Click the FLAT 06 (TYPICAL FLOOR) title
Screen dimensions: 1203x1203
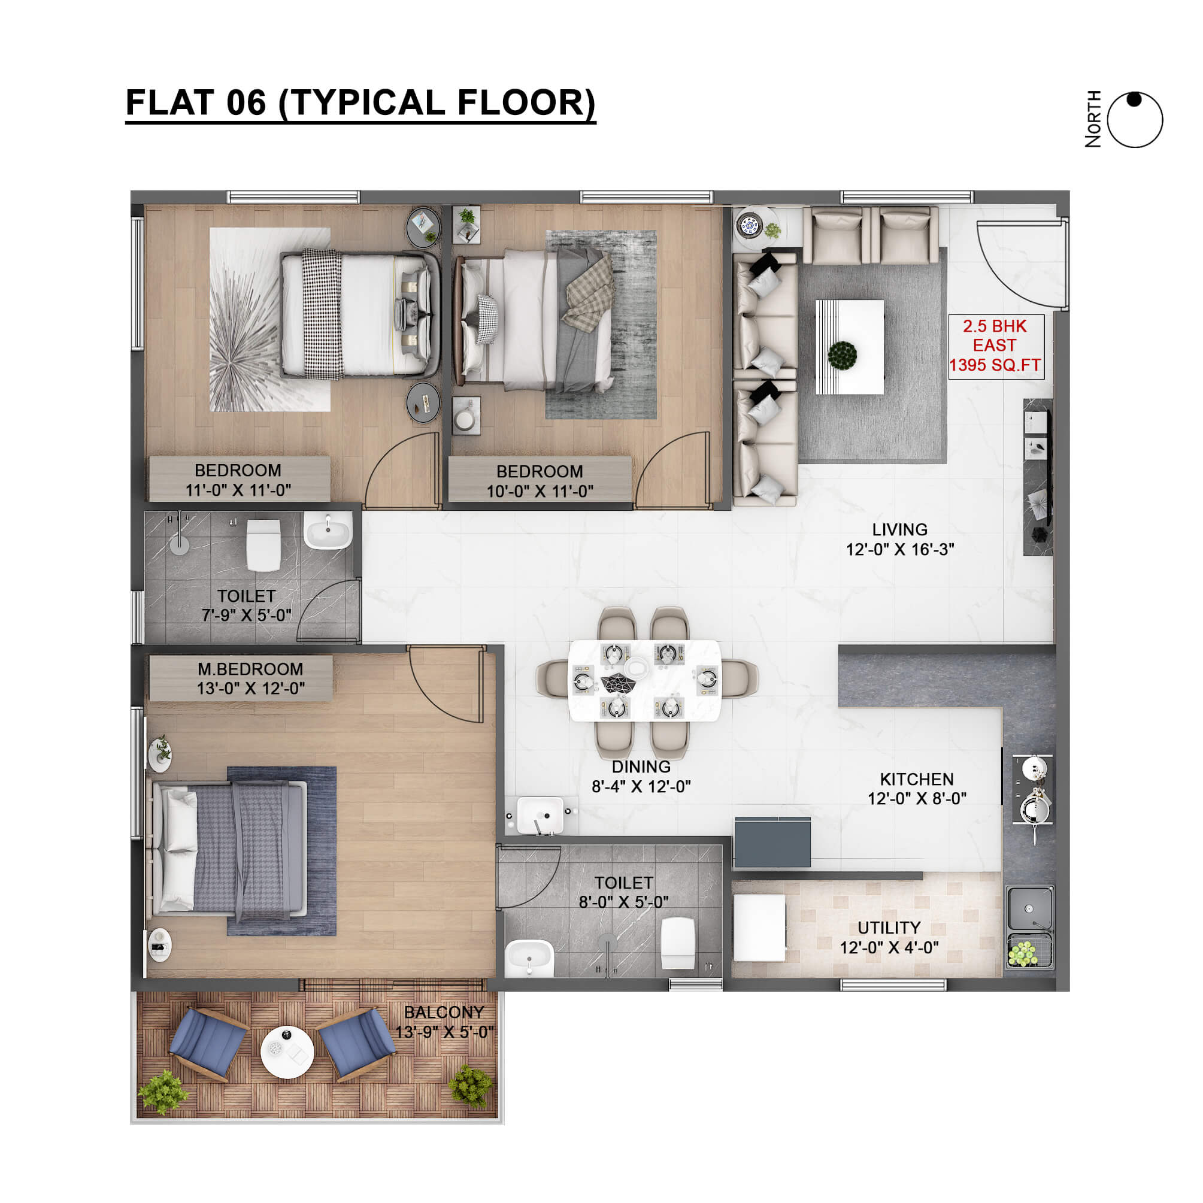(x=360, y=103)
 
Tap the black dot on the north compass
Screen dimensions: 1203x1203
(x=1135, y=99)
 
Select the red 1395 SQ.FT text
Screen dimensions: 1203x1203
(x=995, y=365)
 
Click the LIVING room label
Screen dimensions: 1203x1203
(x=900, y=529)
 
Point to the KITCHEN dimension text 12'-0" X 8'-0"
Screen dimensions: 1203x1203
(x=917, y=798)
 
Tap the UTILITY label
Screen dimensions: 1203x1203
(x=889, y=928)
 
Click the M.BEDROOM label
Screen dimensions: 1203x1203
(x=250, y=669)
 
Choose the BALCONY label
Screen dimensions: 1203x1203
(x=444, y=1013)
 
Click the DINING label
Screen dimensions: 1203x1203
(x=641, y=766)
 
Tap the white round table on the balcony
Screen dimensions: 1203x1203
(x=287, y=1052)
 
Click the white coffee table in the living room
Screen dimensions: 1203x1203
(x=850, y=347)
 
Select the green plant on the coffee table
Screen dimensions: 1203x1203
(x=843, y=355)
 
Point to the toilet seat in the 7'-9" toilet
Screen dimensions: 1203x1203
(x=263, y=546)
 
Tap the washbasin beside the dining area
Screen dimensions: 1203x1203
(x=541, y=815)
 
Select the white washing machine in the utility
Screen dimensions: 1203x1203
(x=759, y=928)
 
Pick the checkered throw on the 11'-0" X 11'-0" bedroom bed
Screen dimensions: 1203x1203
(x=323, y=314)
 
